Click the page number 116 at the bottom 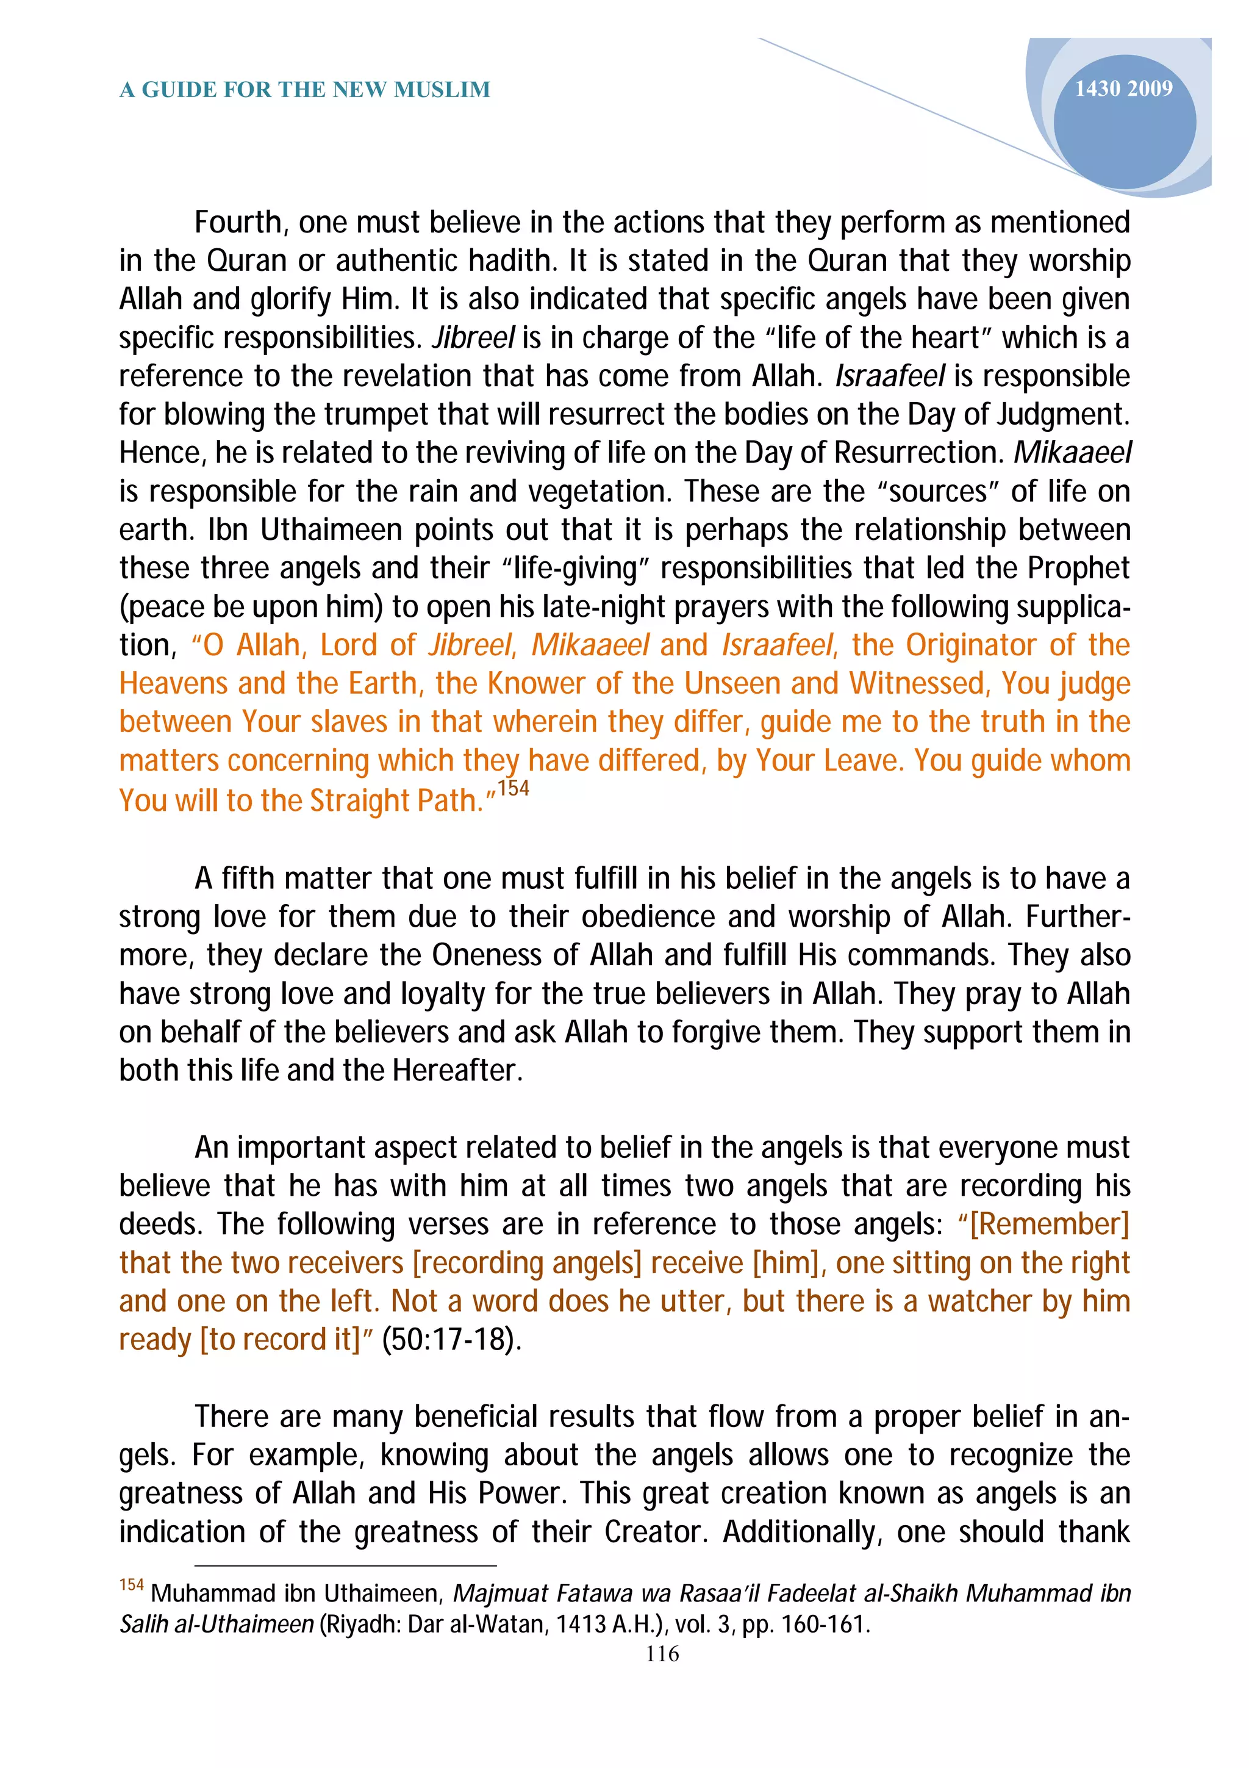tap(662, 1654)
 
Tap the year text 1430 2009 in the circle tap(1123, 88)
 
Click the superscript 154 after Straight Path tap(514, 788)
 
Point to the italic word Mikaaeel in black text tap(1072, 453)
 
